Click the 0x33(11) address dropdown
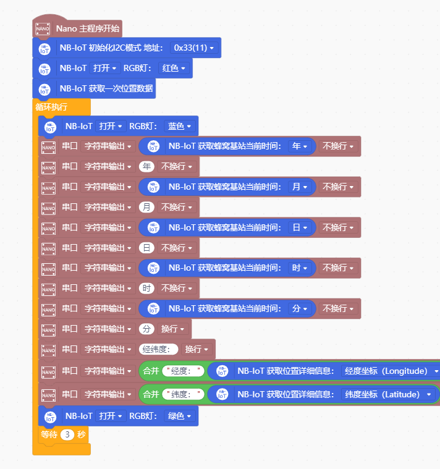[x=194, y=48]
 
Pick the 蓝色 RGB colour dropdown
[x=179, y=126]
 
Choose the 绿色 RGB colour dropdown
[x=179, y=416]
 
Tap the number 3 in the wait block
[x=67, y=434]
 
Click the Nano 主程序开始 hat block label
[x=88, y=28]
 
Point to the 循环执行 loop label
[x=52, y=107]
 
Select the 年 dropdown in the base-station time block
[x=299, y=146]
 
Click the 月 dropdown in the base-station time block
[x=299, y=187]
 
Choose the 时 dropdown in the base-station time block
[x=299, y=268]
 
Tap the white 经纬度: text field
[x=159, y=349]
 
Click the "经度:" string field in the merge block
[x=183, y=371]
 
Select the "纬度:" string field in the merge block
[x=183, y=394]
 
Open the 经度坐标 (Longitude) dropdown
[x=389, y=371]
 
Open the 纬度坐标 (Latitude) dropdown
[x=386, y=394]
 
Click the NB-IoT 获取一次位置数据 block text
[x=106, y=88]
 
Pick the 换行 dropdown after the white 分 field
[x=173, y=329]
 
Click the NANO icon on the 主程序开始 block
[x=43, y=28]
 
